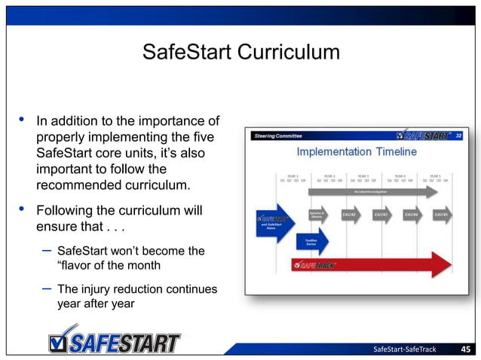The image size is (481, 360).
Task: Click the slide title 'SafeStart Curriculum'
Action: click(240, 53)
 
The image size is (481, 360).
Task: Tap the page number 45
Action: click(466, 349)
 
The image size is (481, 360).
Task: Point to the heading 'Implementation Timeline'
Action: click(356, 152)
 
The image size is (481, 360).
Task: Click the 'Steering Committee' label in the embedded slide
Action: click(278, 136)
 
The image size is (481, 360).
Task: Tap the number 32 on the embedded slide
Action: click(458, 136)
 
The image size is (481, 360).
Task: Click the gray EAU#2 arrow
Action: click(352, 215)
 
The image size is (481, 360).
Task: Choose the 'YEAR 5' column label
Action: click(435, 175)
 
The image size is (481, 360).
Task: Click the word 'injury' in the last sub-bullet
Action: click(98, 289)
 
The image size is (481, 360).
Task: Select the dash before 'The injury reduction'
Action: click(44, 288)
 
